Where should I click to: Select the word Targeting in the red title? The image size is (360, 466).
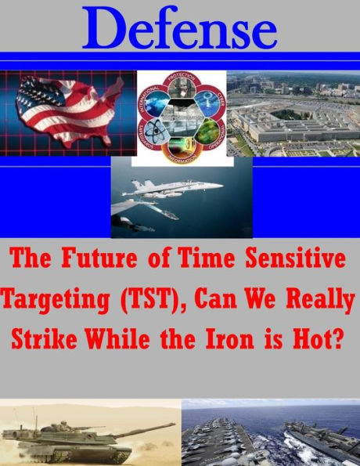point(56,298)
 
